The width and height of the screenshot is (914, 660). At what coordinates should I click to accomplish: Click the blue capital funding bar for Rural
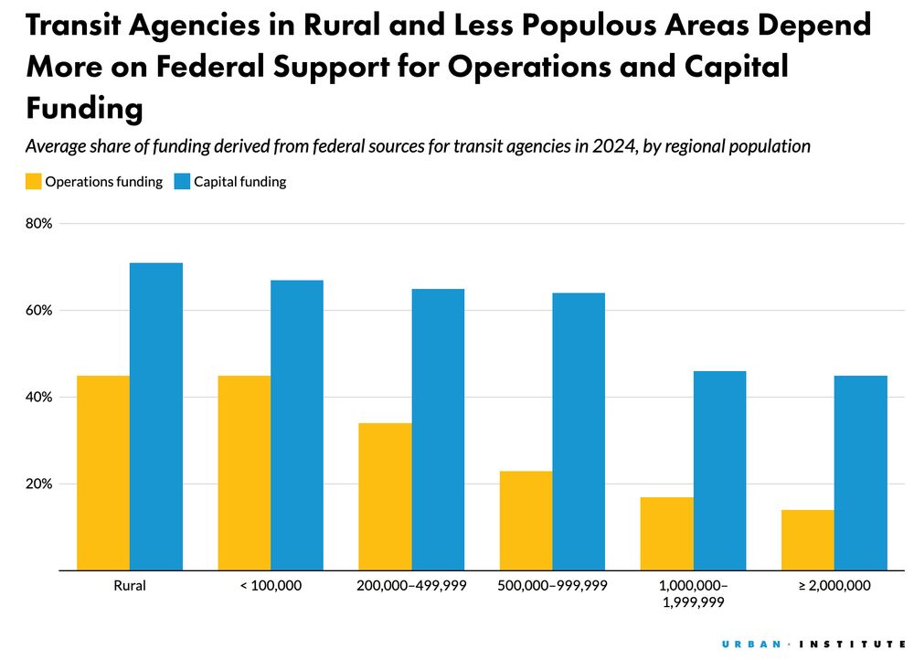tap(155, 416)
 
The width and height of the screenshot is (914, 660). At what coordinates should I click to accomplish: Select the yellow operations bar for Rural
tap(103, 473)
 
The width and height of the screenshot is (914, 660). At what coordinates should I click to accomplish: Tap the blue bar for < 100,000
tap(296, 425)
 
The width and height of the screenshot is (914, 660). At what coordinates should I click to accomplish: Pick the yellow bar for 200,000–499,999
tap(385, 496)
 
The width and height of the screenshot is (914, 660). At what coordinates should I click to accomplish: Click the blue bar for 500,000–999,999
tap(579, 431)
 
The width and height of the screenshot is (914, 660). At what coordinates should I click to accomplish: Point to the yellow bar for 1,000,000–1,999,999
tap(666, 534)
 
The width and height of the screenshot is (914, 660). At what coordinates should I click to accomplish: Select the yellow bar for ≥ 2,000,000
tap(807, 540)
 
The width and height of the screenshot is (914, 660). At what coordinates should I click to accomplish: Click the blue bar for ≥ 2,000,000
tap(860, 473)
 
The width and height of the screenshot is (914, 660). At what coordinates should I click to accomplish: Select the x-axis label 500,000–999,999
tap(553, 585)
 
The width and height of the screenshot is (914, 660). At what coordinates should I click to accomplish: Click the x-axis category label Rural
tap(129, 585)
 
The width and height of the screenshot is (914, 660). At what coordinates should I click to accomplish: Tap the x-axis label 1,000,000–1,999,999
tap(693, 593)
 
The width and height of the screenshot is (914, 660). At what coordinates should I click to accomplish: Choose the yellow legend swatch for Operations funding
tap(33, 182)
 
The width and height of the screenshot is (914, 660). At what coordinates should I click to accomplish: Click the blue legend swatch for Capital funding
tap(181, 182)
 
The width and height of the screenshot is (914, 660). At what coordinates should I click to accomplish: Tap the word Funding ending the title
tap(84, 108)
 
